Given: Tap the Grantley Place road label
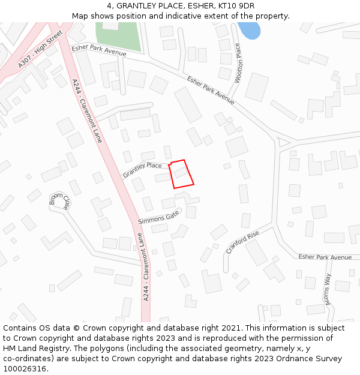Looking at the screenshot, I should pyautogui.click(x=142, y=169).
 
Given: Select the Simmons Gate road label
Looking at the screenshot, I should pyautogui.click(x=158, y=217).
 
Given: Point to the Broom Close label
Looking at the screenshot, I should pyautogui.click(x=60, y=202).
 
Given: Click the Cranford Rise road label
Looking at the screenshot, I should pyautogui.click(x=242, y=242).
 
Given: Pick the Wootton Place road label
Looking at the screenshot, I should pyautogui.click(x=238, y=62).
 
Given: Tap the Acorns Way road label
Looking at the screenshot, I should pyautogui.click(x=328, y=289).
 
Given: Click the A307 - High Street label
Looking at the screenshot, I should pyautogui.click(x=40, y=50).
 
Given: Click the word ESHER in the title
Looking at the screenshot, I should pyautogui.click(x=187, y=6).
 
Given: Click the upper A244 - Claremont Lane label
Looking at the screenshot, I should pyautogui.click(x=87, y=111).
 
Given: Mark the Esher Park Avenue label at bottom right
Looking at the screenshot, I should pyautogui.click(x=325, y=257).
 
